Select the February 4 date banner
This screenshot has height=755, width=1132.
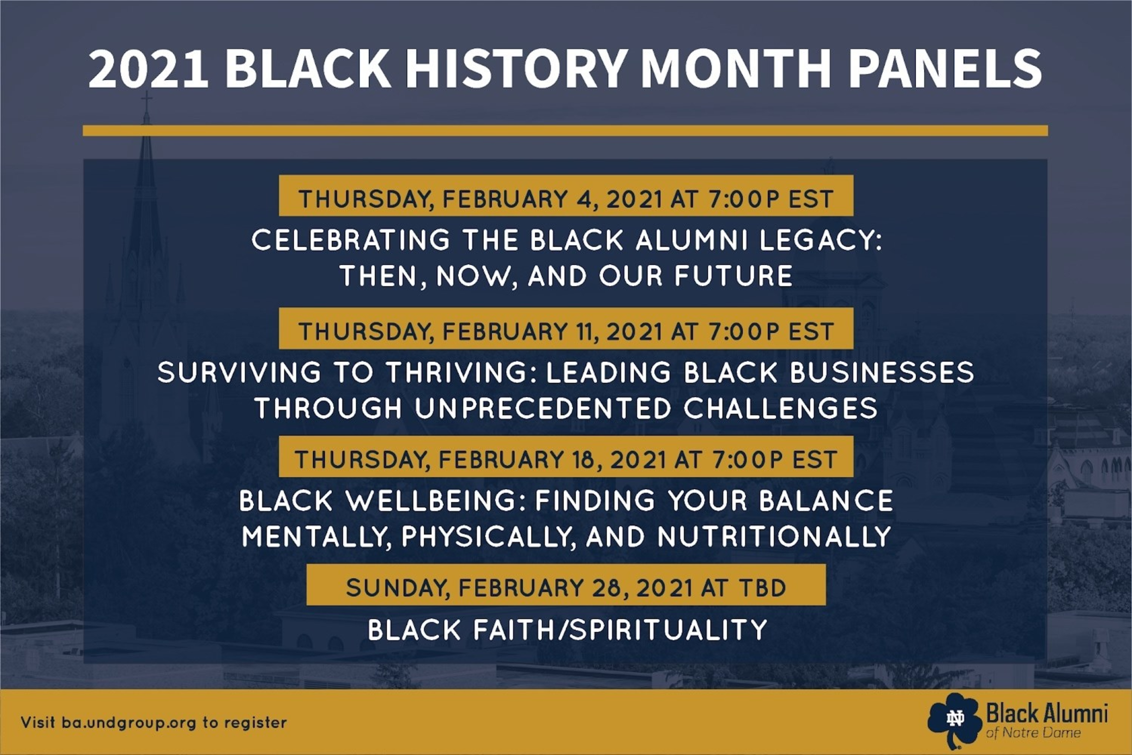(566, 195)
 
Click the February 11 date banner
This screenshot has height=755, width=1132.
(566, 329)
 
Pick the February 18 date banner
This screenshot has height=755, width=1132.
(566, 457)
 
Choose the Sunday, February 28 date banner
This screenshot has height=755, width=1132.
(566, 585)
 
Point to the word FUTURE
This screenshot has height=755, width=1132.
(733, 276)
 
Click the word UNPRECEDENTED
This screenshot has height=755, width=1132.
(543, 409)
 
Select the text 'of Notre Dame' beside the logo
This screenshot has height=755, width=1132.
(1033, 733)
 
